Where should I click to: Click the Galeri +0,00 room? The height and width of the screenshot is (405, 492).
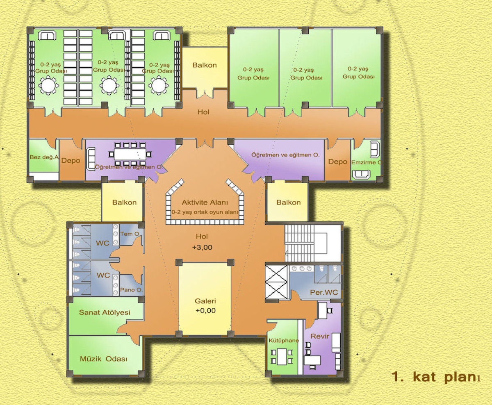(x=205, y=299)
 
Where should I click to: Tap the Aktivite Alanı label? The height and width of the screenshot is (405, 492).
(x=205, y=202)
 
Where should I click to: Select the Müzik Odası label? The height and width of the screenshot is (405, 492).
(x=104, y=359)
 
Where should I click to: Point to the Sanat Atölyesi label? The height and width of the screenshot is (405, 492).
(x=105, y=312)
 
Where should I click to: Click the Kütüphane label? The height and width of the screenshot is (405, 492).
(x=284, y=341)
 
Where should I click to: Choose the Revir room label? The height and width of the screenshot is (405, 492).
(x=320, y=336)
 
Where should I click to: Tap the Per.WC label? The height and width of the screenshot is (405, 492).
(x=324, y=292)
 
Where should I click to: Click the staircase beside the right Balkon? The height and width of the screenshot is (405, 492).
(x=313, y=243)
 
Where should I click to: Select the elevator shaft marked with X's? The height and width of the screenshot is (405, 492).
(x=276, y=282)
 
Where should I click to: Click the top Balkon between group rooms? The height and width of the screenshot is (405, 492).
(x=205, y=68)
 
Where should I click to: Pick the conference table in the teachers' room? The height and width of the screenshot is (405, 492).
(x=130, y=154)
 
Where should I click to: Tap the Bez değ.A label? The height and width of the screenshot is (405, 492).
(x=44, y=157)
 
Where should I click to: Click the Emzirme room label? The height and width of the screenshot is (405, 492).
(x=366, y=162)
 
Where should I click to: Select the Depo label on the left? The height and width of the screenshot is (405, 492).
(x=71, y=161)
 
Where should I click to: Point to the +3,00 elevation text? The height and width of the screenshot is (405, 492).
(x=202, y=247)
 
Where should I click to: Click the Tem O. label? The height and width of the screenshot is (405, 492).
(x=130, y=234)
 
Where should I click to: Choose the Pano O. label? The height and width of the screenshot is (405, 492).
(x=131, y=290)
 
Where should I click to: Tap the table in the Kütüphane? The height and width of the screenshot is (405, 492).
(x=282, y=357)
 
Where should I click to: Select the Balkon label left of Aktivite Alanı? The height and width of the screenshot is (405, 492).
(x=124, y=202)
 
